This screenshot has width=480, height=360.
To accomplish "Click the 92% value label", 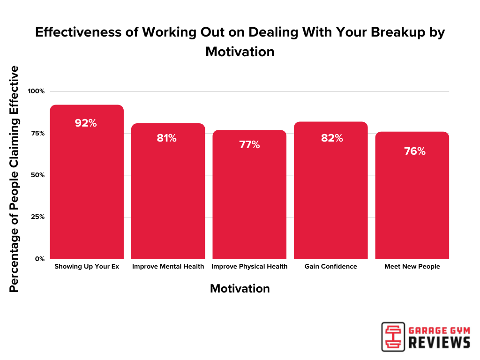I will pos(86,123).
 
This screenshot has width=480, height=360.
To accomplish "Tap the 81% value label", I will pos(166,138).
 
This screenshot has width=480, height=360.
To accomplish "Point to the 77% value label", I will pos(249,145).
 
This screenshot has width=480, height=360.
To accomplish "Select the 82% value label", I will pos(332,138).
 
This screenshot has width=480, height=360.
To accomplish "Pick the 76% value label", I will pos(414,151).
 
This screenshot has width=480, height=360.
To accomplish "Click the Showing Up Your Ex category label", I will pos(87,267).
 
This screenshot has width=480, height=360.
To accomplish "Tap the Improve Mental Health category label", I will pos(168,267).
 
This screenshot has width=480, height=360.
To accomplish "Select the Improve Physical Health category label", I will pos(249,267).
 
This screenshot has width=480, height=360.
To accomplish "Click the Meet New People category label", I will pos(412,267).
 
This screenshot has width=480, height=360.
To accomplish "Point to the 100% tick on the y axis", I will pos(36,91).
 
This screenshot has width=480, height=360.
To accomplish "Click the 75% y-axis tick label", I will pos(37,133).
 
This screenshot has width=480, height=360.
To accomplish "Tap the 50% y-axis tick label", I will pos(37,175).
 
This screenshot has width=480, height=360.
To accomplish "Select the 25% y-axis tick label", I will pos(37,217).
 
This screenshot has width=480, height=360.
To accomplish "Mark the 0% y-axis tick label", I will pos(40,259).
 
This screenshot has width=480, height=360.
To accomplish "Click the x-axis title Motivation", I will pos(240,289).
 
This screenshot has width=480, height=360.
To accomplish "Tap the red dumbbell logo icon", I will pos(393,336).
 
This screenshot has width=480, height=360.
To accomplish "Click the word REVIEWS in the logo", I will pos(439,343).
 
